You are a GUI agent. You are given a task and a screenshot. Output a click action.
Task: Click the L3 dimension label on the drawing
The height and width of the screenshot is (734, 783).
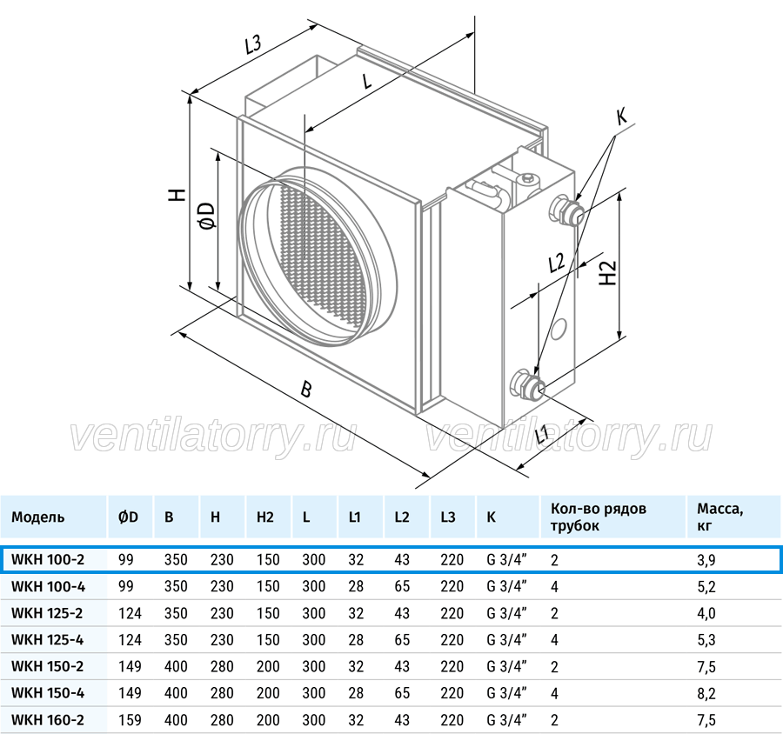click(x=253, y=45)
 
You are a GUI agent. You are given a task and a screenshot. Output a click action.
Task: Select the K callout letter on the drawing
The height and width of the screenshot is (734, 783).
click(x=621, y=117)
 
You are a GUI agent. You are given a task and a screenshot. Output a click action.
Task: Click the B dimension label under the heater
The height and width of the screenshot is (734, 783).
click(x=306, y=389)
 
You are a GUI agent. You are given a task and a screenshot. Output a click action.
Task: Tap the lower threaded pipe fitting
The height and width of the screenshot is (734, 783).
click(x=528, y=384)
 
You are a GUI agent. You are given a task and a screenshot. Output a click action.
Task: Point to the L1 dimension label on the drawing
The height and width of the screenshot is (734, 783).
click(x=541, y=434)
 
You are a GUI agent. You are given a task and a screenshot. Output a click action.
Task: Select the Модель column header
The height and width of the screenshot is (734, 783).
click(x=38, y=517)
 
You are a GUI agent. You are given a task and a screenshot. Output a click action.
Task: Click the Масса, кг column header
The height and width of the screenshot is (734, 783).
click(x=720, y=517)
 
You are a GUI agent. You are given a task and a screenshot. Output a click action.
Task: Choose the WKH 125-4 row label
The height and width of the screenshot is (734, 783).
click(x=48, y=639)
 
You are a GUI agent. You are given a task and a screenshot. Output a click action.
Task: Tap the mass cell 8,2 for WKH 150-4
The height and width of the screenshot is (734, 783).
click(x=706, y=693)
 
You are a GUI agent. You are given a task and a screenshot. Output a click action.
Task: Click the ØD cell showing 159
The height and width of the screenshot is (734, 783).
click(x=130, y=720)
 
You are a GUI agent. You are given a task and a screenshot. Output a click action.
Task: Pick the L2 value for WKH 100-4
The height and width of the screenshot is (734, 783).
click(x=402, y=586)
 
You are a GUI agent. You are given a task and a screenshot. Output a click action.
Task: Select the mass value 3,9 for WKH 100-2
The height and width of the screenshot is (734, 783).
click(x=706, y=560)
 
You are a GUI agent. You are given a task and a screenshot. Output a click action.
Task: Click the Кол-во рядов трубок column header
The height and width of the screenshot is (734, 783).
click(x=599, y=517)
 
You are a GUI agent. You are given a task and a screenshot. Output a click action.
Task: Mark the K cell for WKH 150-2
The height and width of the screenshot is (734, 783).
click(x=507, y=666)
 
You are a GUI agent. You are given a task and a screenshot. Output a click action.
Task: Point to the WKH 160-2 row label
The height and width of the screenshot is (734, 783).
click(x=48, y=720)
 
